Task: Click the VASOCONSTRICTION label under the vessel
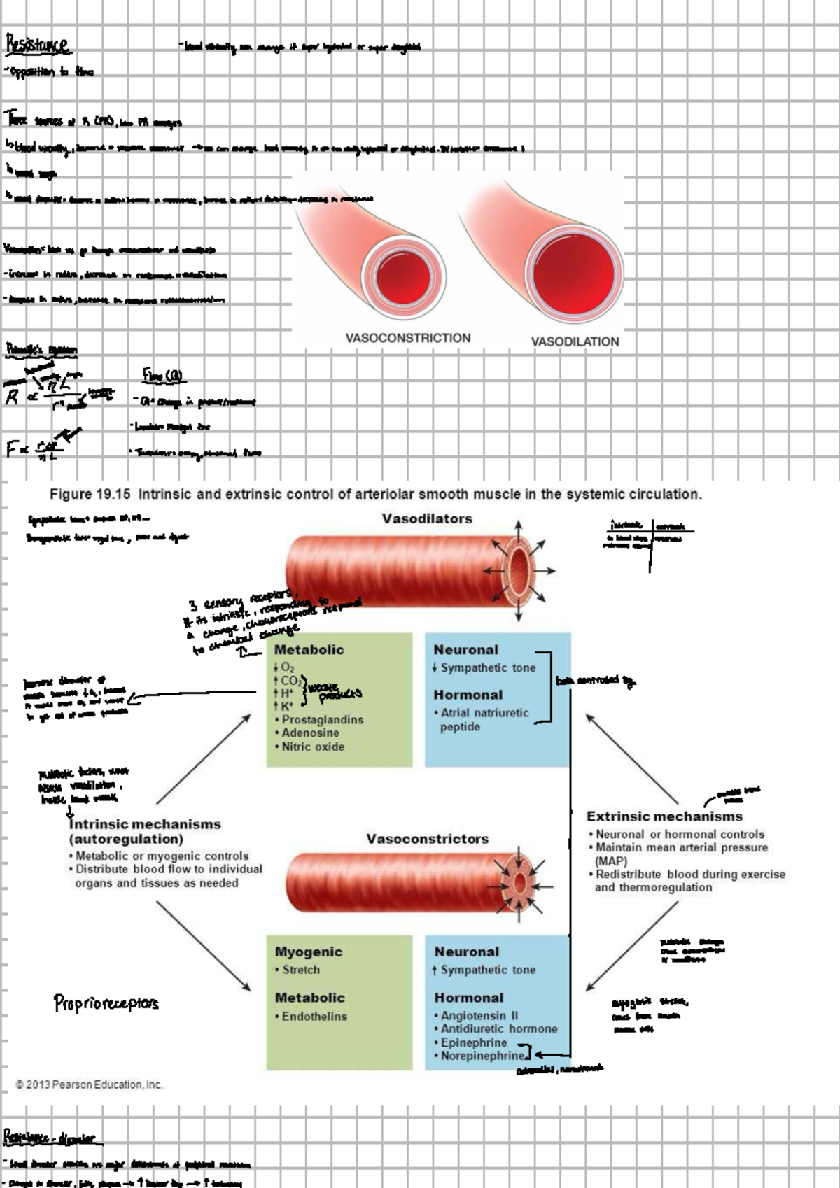(x=407, y=338)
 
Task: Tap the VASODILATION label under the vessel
(x=575, y=341)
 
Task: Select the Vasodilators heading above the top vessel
(x=427, y=518)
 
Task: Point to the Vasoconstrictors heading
(x=427, y=838)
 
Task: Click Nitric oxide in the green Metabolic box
(x=313, y=747)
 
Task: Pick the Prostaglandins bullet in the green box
(x=322, y=719)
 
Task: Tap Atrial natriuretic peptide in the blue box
(x=484, y=719)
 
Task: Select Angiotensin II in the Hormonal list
(x=479, y=1015)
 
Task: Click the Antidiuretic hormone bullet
(x=498, y=1028)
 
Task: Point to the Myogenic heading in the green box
(x=309, y=952)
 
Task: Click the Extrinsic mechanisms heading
(x=664, y=816)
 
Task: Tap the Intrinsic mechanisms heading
(x=145, y=824)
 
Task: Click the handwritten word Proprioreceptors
(x=106, y=1003)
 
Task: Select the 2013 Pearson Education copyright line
(x=89, y=1084)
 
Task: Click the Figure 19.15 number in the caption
(x=90, y=494)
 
